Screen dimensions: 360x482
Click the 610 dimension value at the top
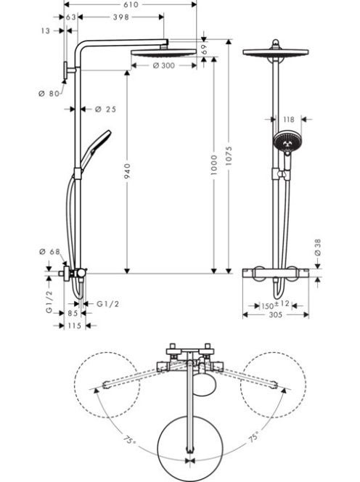pyautogui.click(x=131, y=4)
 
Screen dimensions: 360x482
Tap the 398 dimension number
pyautogui.click(x=120, y=17)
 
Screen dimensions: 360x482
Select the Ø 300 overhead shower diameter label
pyautogui.click(x=163, y=65)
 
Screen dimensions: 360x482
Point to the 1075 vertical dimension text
pyautogui.click(x=229, y=156)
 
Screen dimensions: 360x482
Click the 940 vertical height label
pyautogui.click(x=127, y=171)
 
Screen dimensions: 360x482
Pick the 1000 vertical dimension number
pyautogui.click(x=214, y=165)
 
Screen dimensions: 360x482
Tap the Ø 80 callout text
pyautogui.click(x=49, y=94)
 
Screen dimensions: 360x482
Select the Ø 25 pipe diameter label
pyautogui.click(x=105, y=109)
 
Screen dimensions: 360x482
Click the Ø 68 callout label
pyautogui.click(x=50, y=252)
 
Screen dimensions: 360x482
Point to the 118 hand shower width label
pyautogui.click(x=288, y=119)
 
